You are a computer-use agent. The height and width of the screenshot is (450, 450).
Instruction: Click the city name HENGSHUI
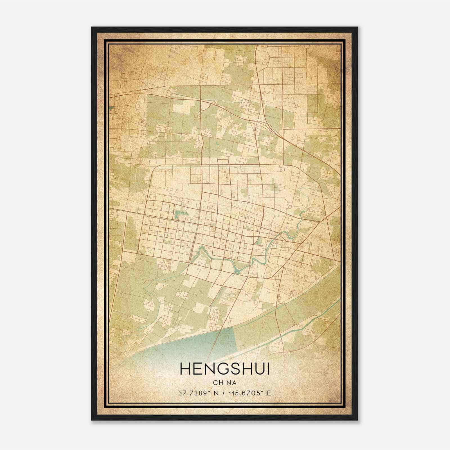click(225, 369)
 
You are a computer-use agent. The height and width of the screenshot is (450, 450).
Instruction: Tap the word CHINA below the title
click(225, 383)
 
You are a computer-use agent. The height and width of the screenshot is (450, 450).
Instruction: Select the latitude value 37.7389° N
click(198, 393)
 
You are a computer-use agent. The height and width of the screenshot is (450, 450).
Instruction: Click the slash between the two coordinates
click(224, 393)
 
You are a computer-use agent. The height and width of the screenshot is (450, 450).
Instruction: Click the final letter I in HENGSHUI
click(268, 369)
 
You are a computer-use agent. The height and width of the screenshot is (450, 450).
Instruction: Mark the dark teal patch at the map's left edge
click(112, 107)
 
